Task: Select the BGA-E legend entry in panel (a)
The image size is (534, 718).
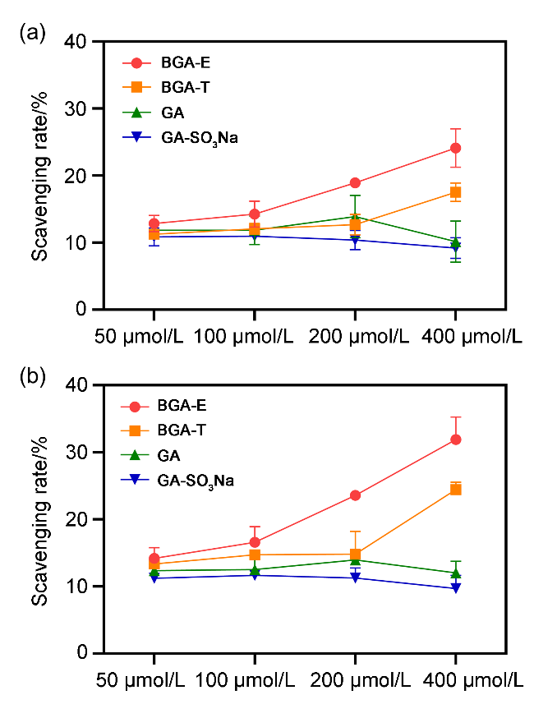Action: click(x=164, y=62)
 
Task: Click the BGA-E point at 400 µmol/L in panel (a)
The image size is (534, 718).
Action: click(x=455, y=148)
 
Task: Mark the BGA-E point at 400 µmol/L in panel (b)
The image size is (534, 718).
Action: click(x=455, y=440)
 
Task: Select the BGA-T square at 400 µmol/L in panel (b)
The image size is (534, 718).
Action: click(x=455, y=490)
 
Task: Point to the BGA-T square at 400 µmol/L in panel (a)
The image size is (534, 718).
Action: click(x=455, y=192)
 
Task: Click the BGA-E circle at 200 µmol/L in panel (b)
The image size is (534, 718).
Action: click(x=355, y=495)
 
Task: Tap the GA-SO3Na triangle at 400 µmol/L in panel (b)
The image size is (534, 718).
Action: click(x=455, y=588)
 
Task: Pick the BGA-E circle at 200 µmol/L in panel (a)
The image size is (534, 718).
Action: click(x=355, y=182)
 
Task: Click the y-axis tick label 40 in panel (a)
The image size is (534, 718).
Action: click(x=79, y=41)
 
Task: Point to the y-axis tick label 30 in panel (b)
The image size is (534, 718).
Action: click(x=79, y=452)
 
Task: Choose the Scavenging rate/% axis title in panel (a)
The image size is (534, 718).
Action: click(x=41, y=175)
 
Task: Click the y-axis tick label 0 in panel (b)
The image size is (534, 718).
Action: click(x=83, y=653)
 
